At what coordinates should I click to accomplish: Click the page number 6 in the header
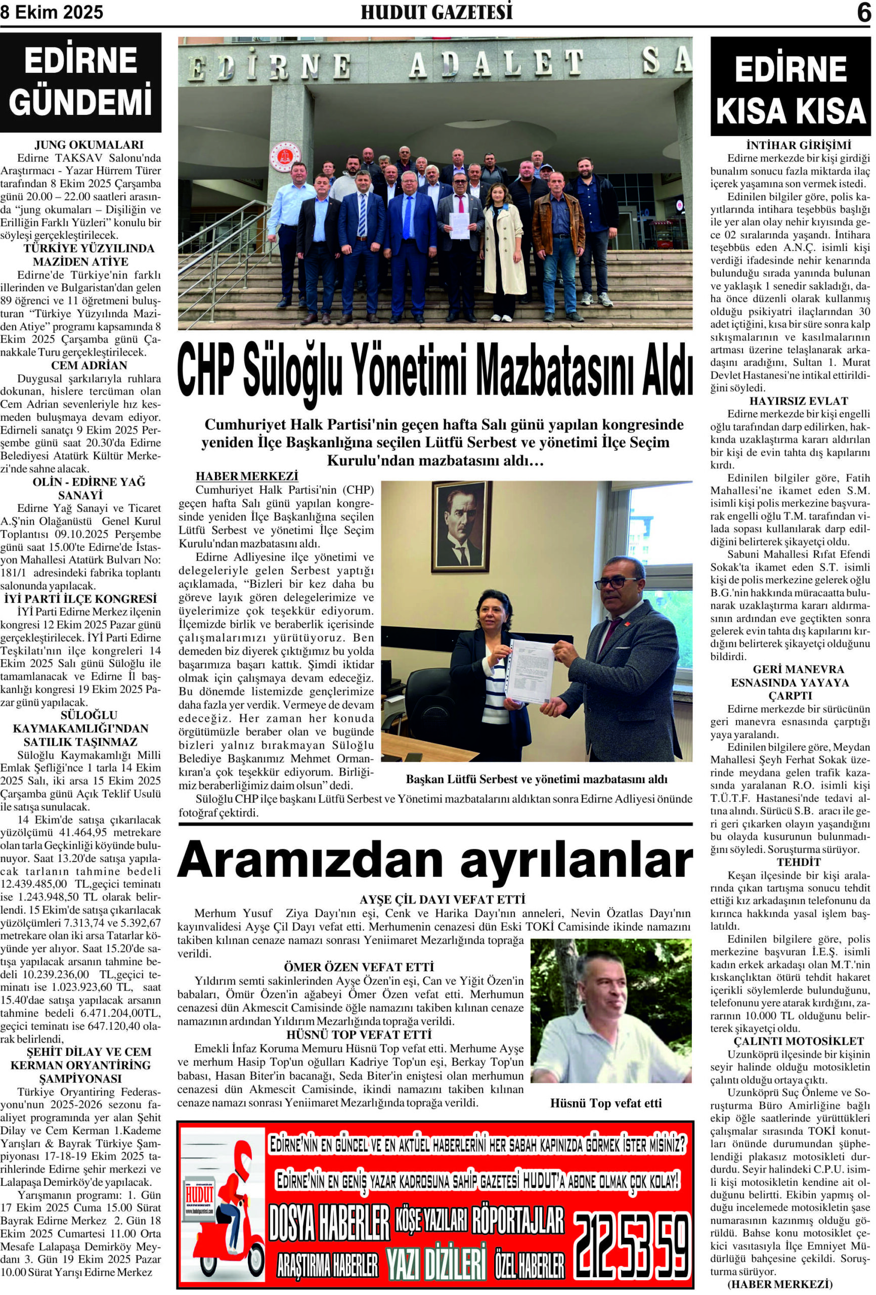[863, 12]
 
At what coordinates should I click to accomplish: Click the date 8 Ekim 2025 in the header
[52, 12]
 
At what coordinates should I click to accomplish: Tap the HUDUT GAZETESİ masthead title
[436, 12]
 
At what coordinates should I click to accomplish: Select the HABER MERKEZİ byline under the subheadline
[247, 477]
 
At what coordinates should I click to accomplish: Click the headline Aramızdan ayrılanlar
[435, 861]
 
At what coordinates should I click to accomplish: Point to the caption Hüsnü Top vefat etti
[606, 1103]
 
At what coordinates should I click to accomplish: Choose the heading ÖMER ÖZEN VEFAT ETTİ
[359, 967]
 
